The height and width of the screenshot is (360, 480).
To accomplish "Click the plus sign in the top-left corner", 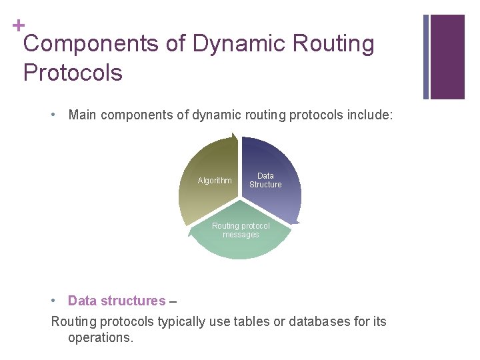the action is (18, 25).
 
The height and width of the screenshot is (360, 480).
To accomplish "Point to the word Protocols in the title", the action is (73, 72).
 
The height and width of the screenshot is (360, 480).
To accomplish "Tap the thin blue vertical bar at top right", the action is (426, 57).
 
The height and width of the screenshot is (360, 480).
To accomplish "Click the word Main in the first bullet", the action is (82, 115).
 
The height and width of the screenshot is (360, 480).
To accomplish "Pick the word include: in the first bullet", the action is (370, 115).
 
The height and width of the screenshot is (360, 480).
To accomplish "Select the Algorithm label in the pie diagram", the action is (215, 181).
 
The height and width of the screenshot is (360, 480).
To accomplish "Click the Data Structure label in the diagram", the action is (265, 180).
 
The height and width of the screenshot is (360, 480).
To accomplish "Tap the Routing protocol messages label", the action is (241, 230).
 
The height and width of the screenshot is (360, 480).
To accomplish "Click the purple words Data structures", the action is (117, 301).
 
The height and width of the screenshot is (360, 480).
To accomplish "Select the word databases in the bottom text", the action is (313, 321).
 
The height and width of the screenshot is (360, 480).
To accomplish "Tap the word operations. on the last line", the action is (101, 337).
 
